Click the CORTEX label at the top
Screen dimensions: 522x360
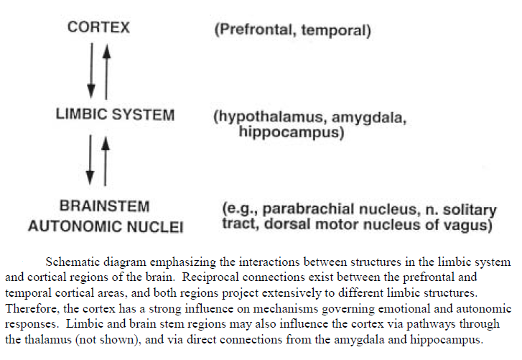[98, 27]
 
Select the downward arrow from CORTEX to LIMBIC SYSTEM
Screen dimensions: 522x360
[91, 71]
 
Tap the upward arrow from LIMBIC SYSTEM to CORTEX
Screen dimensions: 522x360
[106, 72]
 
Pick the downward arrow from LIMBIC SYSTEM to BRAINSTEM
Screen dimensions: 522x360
[90, 160]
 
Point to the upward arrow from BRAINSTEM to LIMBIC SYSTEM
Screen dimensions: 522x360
[106, 161]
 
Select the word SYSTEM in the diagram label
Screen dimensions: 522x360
[143, 114]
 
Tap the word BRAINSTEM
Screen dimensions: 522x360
[105, 206]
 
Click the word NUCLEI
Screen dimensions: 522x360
[155, 227]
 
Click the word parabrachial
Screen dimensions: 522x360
[304, 209]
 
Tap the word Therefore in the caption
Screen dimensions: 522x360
[32, 308]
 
